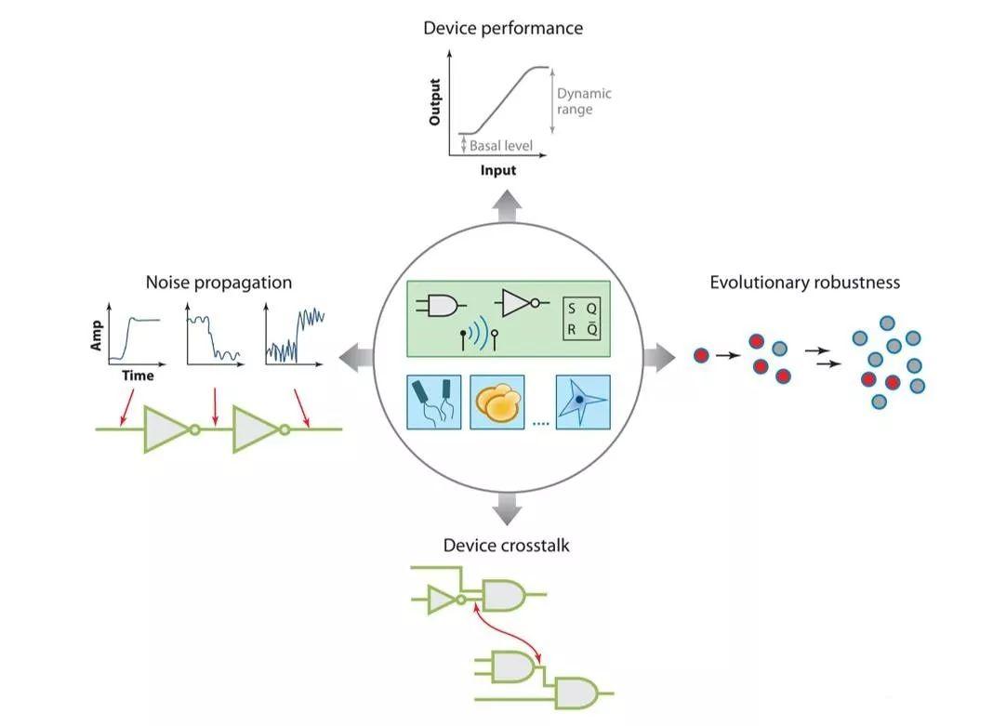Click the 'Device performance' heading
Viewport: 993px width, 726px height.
pyautogui.click(x=503, y=28)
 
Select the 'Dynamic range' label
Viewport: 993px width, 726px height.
pyautogui.click(x=583, y=101)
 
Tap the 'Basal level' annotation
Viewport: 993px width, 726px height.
pyautogui.click(x=499, y=146)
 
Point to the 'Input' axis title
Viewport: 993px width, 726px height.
pyautogui.click(x=497, y=170)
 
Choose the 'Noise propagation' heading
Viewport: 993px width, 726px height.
pyautogui.click(x=218, y=283)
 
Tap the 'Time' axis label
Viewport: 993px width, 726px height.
pyautogui.click(x=138, y=376)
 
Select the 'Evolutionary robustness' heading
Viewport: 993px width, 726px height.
pyautogui.click(x=804, y=282)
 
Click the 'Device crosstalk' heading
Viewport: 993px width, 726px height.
pyautogui.click(x=506, y=546)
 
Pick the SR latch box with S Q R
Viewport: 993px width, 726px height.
pyautogui.click(x=582, y=319)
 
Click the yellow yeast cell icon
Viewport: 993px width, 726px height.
pyautogui.click(x=497, y=401)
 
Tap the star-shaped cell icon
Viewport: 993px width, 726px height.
pyautogui.click(x=582, y=401)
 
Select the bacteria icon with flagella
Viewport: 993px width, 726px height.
pyautogui.click(x=434, y=401)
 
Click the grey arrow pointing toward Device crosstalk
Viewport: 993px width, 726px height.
pyautogui.click(x=507, y=508)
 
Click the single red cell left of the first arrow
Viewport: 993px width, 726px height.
pyautogui.click(x=701, y=354)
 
